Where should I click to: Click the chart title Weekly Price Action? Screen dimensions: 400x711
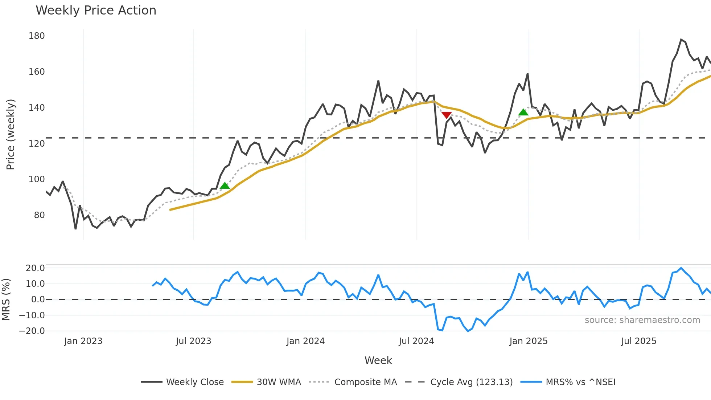click(96, 11)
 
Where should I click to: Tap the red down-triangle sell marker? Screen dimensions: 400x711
click(447, 115)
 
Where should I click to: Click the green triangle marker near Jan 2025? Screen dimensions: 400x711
click(523, 112)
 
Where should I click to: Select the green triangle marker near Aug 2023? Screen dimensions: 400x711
click(225, 185)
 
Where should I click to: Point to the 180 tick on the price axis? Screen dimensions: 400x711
click(37, 36)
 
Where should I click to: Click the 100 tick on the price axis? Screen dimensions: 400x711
click(37, 179)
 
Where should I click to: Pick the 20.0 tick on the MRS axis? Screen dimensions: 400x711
click(35, 268)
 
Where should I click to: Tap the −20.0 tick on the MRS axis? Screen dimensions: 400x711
click(32, 331)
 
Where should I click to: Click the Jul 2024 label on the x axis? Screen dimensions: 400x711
click(416, 341)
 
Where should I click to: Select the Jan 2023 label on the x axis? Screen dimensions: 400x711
click(83, 341)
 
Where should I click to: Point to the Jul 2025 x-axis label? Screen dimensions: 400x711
click(638, 341)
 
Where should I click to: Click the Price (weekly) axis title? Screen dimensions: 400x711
click(11, 134)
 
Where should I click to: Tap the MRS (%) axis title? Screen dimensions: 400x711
click(6, 299)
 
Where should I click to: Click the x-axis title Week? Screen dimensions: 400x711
click(378, 360)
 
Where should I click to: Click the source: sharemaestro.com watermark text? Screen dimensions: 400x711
click(642, 320)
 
